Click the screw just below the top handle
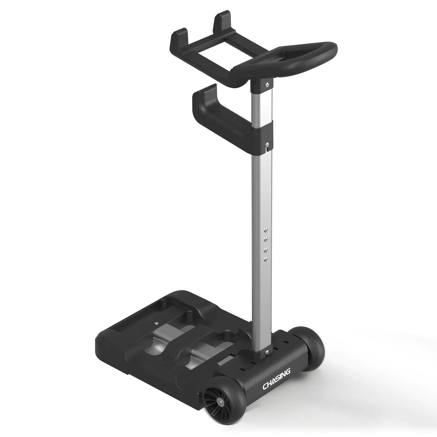pyautogui.click(x=268, y=85)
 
